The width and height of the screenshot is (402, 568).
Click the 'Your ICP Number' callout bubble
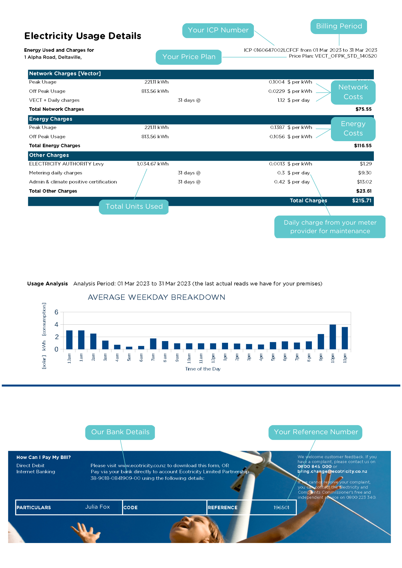(x=218, y=30)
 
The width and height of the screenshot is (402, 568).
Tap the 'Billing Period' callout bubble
(x=339, y=26)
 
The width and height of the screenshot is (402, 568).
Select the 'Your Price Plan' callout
(x=189, y=57)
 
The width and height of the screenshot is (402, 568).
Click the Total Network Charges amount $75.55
(x=363, y=109)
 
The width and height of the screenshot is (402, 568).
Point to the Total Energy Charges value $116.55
(x=362, y=146)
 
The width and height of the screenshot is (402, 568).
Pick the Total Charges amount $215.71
(x=362, y=201)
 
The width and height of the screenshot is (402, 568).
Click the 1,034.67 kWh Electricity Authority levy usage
(x=153, y=164)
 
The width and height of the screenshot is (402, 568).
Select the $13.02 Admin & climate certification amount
(x=364, y=182)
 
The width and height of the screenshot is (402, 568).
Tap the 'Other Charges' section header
(x=49, y=155)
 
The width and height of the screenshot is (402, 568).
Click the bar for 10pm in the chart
(x=333, y=337)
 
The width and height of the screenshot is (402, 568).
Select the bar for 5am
(x=129, y=348)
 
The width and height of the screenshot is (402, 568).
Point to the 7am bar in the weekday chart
(x=153, y=344)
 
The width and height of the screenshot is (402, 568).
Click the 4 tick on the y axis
(x=56, y=325)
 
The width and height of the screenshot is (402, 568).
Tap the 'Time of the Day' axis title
(x=203, y=369)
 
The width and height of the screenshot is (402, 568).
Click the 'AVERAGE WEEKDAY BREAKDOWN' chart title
(x=156, y=297)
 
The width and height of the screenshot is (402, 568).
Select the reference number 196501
(x=281, y=508)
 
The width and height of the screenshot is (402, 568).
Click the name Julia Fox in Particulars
(x=97, y=507)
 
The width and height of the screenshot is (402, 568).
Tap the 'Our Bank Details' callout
(x=120, y=432)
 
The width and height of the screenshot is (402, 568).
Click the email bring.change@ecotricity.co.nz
(x=332, y=471)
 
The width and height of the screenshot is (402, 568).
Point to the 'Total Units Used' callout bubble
(x=134, y=207)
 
